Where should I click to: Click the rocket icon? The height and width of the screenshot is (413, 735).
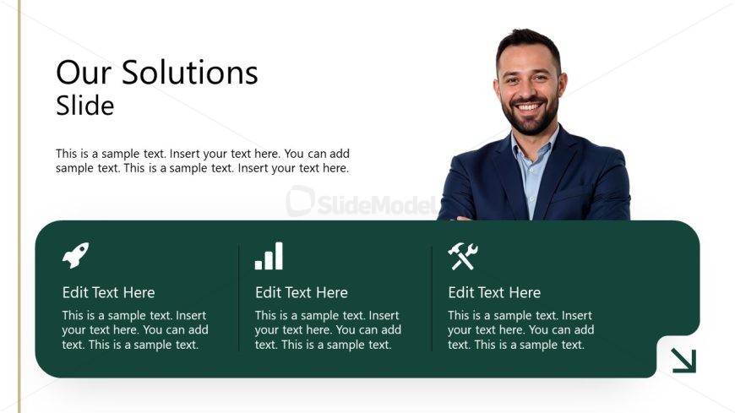click(75, 255)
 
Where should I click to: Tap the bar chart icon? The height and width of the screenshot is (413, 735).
click(269, 256)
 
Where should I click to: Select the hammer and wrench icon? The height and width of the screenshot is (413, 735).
click(462, 256)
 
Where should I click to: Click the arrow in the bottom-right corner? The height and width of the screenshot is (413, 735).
click(683, 361)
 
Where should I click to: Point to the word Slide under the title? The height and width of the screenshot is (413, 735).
click(84, 106)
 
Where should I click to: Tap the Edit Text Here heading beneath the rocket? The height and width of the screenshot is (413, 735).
click(108, 293)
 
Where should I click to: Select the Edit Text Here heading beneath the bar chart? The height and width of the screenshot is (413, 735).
click(301, 293)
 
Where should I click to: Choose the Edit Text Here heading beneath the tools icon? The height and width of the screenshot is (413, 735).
click(494, 293)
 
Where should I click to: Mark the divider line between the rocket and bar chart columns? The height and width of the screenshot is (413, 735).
click(239, 298)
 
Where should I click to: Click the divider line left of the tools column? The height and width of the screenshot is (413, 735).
click(432, 298)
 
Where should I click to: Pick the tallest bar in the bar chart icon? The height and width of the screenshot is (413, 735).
click(279, 256)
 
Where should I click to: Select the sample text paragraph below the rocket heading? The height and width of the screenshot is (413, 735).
click(134, 330)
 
